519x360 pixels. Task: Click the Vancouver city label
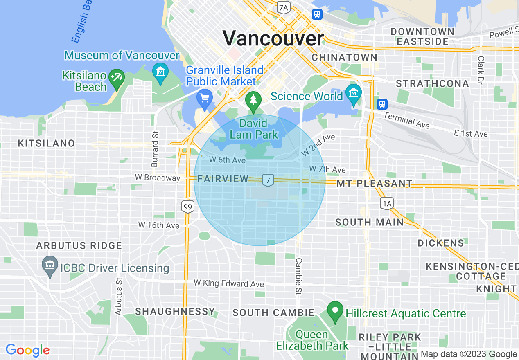coord(273,38)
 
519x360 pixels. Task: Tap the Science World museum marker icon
coord(353,93)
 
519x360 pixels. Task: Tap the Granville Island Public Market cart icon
coord(204,98)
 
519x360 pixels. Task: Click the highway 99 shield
coord(187,207)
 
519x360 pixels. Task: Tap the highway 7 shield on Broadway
coord(268,180)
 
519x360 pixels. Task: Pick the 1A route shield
coord(386,203)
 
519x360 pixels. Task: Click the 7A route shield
coord(283,7)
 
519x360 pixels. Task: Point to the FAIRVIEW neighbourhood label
coord(223,179)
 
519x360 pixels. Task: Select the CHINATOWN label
coord(344,57)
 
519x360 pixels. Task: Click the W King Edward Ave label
coord(229,283)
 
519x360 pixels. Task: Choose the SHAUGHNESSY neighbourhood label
coord(175,312)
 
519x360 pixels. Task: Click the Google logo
coord(27,350)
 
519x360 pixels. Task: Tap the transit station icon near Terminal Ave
coord(382,104)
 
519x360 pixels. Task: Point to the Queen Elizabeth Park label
coord(312,340)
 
